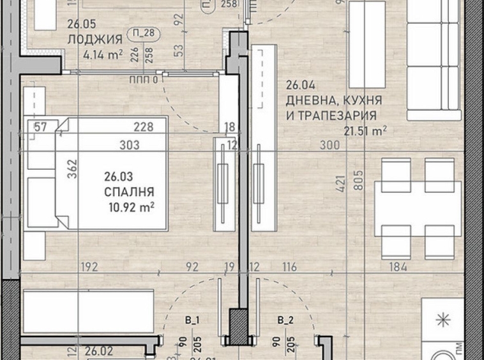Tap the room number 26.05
pos(80,26)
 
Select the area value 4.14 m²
pos(103,55)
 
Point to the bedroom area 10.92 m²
pos(133,206)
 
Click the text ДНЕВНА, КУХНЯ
pos(334,101)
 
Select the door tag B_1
pos(193,320)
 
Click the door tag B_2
pos(285,320)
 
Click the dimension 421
pos(340,185)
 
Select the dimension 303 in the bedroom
pos(130,146)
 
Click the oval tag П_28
pos(144,34)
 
